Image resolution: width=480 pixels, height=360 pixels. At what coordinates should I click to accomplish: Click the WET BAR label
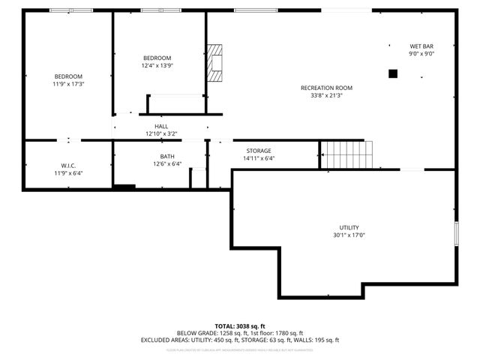pos(421,45)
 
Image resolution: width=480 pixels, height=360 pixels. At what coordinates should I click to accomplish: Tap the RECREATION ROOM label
pos(326,88)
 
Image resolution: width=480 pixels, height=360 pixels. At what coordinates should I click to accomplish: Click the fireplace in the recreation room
pos(216,62)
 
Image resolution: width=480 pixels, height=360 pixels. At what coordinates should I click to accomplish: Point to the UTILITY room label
pos(349,227)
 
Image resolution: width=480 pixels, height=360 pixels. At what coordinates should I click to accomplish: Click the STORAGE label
pos(259,151)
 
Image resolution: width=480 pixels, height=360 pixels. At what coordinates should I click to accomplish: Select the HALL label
pos(161,126)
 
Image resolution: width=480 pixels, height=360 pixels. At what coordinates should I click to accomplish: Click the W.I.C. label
pos(68,166)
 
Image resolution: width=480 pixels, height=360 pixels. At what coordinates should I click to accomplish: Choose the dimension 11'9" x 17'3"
pos(67,84)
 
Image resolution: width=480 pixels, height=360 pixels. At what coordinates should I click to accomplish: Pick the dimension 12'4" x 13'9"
pos(157,66)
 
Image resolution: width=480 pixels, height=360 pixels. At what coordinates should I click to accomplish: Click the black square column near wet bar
pos(392,73)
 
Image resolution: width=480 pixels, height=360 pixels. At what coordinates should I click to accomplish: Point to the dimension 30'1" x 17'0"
pos(349,235)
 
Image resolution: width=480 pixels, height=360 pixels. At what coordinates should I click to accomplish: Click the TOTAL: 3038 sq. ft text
pos(240,325)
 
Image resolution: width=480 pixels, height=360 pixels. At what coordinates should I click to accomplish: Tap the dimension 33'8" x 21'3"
pos(326,95)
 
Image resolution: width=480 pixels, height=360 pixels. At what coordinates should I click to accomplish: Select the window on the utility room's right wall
pos(455,234)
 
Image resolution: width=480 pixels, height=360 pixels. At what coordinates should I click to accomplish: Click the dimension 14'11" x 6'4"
pos(259,158)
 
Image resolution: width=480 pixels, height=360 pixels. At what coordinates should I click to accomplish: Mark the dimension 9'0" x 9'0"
pos(421,53)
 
